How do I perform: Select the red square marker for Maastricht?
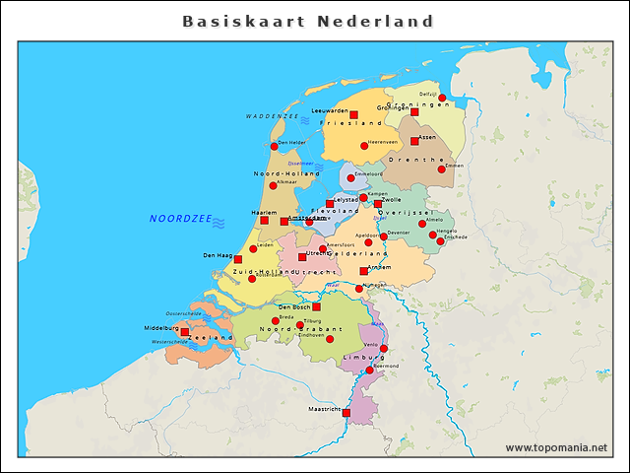coord(346,413)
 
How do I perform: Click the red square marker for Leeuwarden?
coord(353,115)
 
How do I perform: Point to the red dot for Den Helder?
coord(274,147)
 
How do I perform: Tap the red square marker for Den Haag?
coord(238,259)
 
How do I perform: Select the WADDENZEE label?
coord(272,116)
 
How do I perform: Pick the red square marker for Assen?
coord(414,141)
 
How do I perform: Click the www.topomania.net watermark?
coord(556,447)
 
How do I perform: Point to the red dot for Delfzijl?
coord(443,98)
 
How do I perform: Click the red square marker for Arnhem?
coord(364,271)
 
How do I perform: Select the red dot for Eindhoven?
coord(330,339)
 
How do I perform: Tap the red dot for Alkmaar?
coord(274,186)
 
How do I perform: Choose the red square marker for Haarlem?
coord(264,220)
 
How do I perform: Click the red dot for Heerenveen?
coord(364,145)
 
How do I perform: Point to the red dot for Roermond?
coord(369,371)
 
